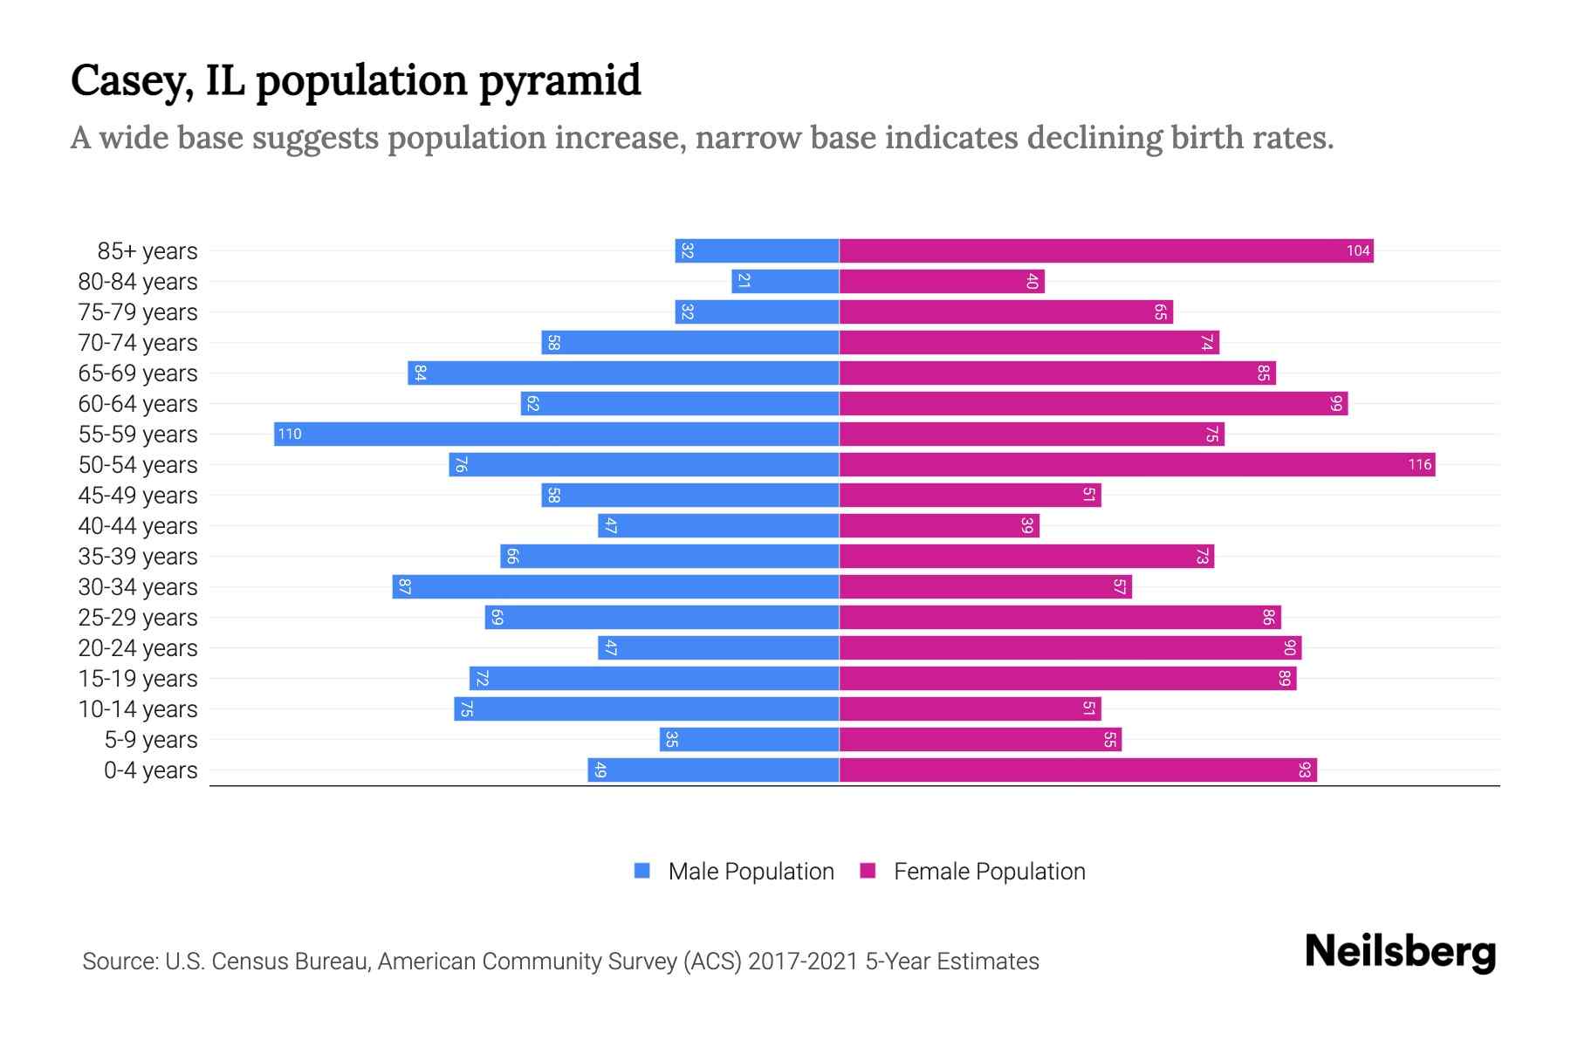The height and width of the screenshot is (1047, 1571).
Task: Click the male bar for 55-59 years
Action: (x=556, y=434)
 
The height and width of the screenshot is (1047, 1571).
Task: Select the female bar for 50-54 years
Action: (x=1136, y=464)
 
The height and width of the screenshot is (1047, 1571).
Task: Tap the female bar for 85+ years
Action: (x=1106, y=250)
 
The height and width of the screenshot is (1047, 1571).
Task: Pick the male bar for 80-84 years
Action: (x=785, y=281)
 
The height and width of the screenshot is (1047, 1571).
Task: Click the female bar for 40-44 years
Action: (x=939, y=525)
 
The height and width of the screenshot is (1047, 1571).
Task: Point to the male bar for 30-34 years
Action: (x=615, y=586)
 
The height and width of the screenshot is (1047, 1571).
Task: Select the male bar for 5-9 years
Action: (x=749, y=739)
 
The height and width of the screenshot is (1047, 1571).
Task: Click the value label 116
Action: (x=1419, y=464)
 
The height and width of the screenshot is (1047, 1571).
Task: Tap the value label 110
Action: (x=290, y=434)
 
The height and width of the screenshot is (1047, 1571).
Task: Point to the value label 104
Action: (x=1358, y=250)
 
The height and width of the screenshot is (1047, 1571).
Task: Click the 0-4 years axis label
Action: (x=150, y=770)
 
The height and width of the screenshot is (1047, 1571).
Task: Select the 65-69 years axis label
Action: (x=138, y=373)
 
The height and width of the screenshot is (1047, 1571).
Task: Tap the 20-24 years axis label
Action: (x=138, y=648)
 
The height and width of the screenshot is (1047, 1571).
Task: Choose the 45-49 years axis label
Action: (x=138, y=496)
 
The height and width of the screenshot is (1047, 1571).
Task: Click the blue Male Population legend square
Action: (x=642, y=871)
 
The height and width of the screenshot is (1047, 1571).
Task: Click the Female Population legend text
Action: (x=989, y=871)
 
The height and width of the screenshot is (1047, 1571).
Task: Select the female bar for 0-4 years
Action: (x=1078, y=770)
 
